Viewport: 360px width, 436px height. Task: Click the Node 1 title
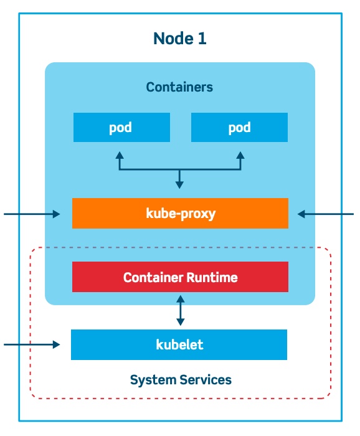click(x=179, y=39)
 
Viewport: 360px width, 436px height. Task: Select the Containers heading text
click(x=179, y=87)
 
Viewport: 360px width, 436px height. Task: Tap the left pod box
click(x=121, y=128)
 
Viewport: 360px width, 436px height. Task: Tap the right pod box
click(x=239, y=128)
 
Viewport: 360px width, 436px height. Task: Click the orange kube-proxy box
click(x=180, y=214)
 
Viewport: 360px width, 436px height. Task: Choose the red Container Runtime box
click(x=180, y=277)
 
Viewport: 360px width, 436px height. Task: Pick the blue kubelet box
click(x=179, y=344)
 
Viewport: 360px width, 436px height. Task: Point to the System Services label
click(x=181, y=379)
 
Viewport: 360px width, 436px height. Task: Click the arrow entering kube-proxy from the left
click(x=31, y=214)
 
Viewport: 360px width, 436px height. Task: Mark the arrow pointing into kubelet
click(x=31, y=344)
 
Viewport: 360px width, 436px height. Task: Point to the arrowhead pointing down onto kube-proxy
click(x=180, y=184)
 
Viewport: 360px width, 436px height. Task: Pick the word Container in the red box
click(x=153, y=277)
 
